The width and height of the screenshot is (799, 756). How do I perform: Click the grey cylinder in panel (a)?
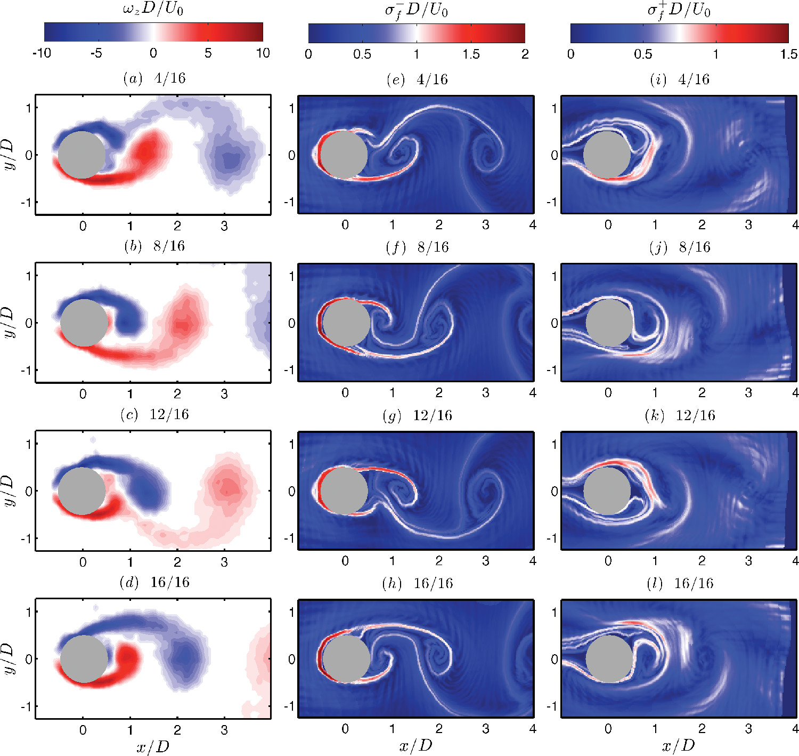pos(81,155)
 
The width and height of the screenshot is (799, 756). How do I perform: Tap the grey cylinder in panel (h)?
pos(346,659)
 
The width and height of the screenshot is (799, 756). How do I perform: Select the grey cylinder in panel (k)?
pos(607,491)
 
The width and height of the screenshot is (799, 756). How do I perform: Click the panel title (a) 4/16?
pos(154,79)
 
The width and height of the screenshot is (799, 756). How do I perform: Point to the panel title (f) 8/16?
pos(417,247)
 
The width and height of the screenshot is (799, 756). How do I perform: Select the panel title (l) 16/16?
pos(679,583)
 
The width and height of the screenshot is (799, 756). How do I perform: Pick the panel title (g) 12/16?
pos(417,415)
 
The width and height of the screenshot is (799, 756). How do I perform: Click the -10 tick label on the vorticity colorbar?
pos(42,53)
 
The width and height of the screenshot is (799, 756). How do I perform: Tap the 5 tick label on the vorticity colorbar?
pos(208,53)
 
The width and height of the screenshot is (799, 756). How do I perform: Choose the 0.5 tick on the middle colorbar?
pos(362,54)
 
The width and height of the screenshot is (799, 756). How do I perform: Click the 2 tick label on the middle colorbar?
pos(525,54)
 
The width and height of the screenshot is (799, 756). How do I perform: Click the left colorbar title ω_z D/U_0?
pos(153,9)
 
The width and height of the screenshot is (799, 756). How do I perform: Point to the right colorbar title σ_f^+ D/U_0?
pos(679,10)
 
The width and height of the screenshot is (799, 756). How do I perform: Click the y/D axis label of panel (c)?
pos(9,491)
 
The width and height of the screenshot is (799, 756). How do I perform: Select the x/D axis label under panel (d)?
pos(153,746)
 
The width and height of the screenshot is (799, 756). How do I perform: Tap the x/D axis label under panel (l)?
pos(679,745)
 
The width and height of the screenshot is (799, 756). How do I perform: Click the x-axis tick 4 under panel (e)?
pos(532,225)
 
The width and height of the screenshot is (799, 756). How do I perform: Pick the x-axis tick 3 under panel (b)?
pos(224,394)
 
